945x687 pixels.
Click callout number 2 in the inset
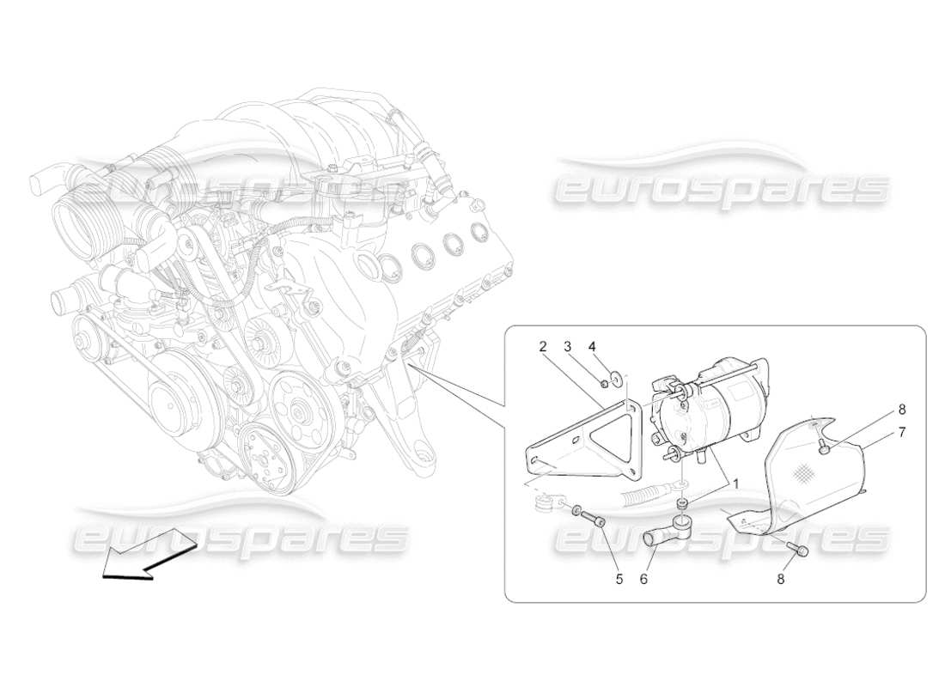tap(542, 347)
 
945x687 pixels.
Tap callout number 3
tap(568, 347)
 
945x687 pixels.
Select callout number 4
tap(592, 347)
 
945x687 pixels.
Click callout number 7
tap(901, 432)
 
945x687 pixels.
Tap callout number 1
tap(735, 483)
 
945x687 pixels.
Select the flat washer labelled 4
tap(617, 378)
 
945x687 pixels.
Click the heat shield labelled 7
tap(799, 481)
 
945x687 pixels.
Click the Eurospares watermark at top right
tap(722, 185)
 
